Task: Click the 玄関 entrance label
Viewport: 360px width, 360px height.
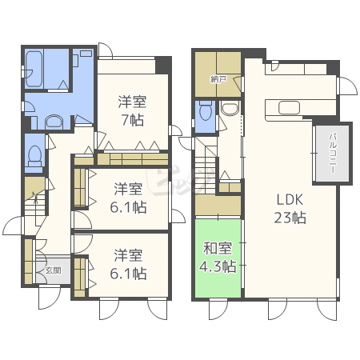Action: point(53,270)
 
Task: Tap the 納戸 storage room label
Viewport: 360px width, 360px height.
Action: point(217,79)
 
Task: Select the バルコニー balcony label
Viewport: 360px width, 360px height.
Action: point(332,153)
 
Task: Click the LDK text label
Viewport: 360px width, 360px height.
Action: point(290,199)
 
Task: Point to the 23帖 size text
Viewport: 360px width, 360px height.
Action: point(290,218)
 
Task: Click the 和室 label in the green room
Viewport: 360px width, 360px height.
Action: point(218,248)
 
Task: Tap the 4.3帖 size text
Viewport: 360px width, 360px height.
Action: point(218,266)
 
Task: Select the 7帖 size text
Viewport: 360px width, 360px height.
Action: point(133,120)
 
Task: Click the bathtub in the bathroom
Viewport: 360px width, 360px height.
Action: point(34,69)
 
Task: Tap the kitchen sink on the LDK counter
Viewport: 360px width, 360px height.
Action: point(289,108)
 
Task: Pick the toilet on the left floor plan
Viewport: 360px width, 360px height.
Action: point(35,156)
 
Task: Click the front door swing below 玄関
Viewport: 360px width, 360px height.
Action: point(50,298)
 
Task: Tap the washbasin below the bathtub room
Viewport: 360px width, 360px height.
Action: point(54,122)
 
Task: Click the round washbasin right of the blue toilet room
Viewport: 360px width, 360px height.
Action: point(230,109)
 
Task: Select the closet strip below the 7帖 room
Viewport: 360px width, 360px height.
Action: point(133,159)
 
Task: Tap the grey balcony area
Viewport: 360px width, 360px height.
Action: point(332,154)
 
